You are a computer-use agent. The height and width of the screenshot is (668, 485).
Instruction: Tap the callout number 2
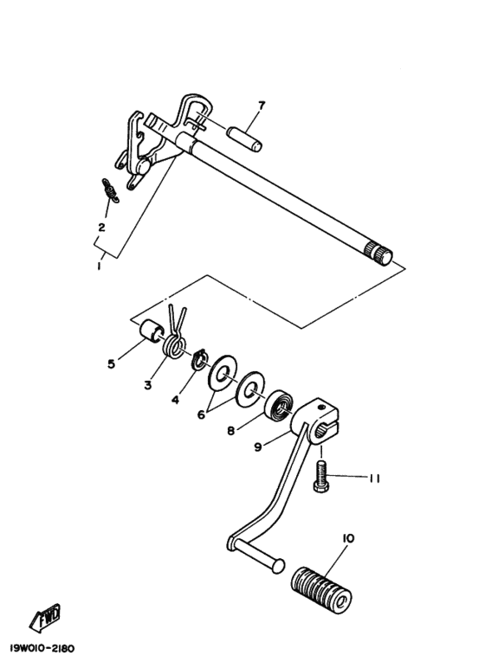click(101, 228)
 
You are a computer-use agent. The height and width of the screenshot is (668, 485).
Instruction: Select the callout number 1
click(100, 267)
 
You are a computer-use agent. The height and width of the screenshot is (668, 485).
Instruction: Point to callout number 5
click(111, 363)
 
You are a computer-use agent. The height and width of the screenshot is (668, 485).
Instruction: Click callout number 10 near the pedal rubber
click(348, 538)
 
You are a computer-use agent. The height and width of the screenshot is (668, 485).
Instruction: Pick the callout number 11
click(373, 478)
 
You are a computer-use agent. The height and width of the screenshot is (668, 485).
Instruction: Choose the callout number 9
click(257, 447)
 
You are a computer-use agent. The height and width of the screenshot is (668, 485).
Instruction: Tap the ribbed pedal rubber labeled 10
click(321, 581)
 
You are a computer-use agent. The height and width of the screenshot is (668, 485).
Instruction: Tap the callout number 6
click(201, 414)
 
